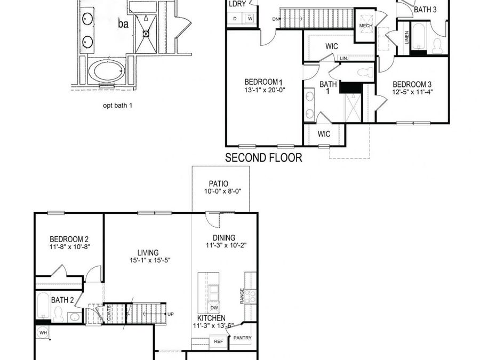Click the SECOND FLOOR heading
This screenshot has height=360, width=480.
pos(263,158)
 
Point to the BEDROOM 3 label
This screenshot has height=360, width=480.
pos(412,84)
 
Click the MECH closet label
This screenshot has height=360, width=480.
pos(366,25)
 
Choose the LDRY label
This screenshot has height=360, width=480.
pos(237,4)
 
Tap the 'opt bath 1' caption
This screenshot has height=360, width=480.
pos(117,105)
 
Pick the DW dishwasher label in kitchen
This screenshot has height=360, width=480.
pos(213,308)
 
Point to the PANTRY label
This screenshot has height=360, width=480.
pos(242,338)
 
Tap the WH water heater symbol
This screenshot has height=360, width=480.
pos(42,333)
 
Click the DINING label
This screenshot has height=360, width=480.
pos(223,238)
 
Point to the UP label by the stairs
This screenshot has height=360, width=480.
pos(171,314)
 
